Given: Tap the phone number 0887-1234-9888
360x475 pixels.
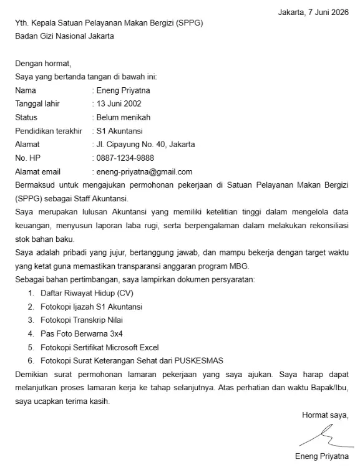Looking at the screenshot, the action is pyautogui.click(x=125, y=158).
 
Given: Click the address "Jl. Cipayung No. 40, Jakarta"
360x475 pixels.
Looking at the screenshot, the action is pyautogui.click(x=144, y=144).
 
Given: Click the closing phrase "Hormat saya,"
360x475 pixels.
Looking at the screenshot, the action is pyautogui.click(x=325, y=415).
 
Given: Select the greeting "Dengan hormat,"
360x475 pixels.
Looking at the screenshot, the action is pyautogui.click(x=44, y=63).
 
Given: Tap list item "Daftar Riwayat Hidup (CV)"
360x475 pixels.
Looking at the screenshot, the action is pyautogui.click(x=87, y=293).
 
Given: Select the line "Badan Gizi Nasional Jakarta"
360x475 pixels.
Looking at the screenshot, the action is pyautogui.click(x=65, y=36).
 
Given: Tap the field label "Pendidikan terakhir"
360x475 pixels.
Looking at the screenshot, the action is pyautogui.click(x=49, y=131).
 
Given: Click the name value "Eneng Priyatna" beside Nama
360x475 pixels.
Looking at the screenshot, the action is pyautogui.click(x=123, y=90).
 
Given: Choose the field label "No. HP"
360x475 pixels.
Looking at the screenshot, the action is pyautogui.click(x=28, y=158).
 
